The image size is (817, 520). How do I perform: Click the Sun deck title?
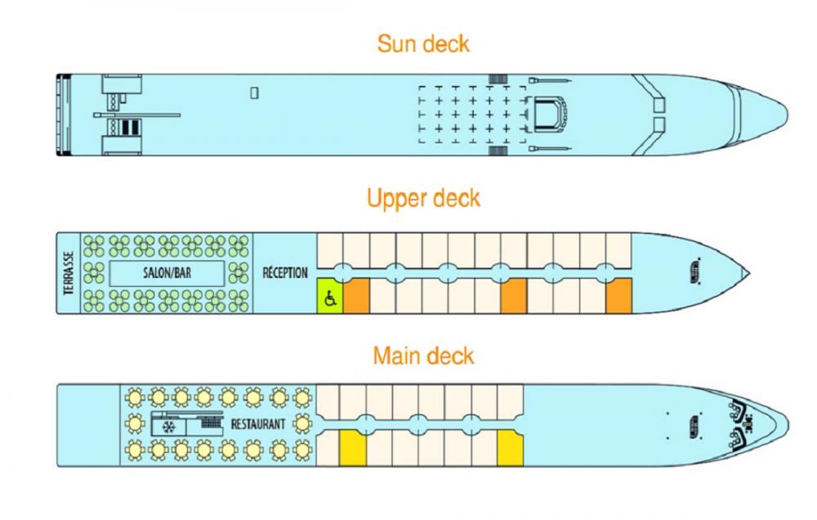(423, 44)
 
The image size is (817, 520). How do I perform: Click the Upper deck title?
(423, 199)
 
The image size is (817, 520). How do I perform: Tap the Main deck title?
(423, 356)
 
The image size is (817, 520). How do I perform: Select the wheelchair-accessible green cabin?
(330, 296)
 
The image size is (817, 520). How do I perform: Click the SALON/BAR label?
(167, 272)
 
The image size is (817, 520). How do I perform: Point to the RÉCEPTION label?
(285, 273)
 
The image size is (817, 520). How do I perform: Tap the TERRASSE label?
(69, 273)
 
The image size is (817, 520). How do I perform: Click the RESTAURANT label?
(258, 424)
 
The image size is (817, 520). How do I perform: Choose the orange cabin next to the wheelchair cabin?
(356, 296)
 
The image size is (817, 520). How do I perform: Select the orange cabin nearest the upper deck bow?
(618, 296)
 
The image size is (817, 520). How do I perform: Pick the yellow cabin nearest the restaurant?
(353, 448)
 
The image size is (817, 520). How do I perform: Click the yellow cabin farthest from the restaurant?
(510, 448)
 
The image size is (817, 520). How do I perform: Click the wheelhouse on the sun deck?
(547, 114)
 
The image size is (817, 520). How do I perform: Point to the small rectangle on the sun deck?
(254, 93)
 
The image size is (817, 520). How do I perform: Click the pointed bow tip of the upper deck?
(749, 273)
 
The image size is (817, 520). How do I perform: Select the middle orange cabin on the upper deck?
(514, 296)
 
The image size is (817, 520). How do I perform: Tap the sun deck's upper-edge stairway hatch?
(498, 78)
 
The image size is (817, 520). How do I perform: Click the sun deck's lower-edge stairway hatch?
(498, 150)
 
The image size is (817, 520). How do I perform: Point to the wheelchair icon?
(330, 299)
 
